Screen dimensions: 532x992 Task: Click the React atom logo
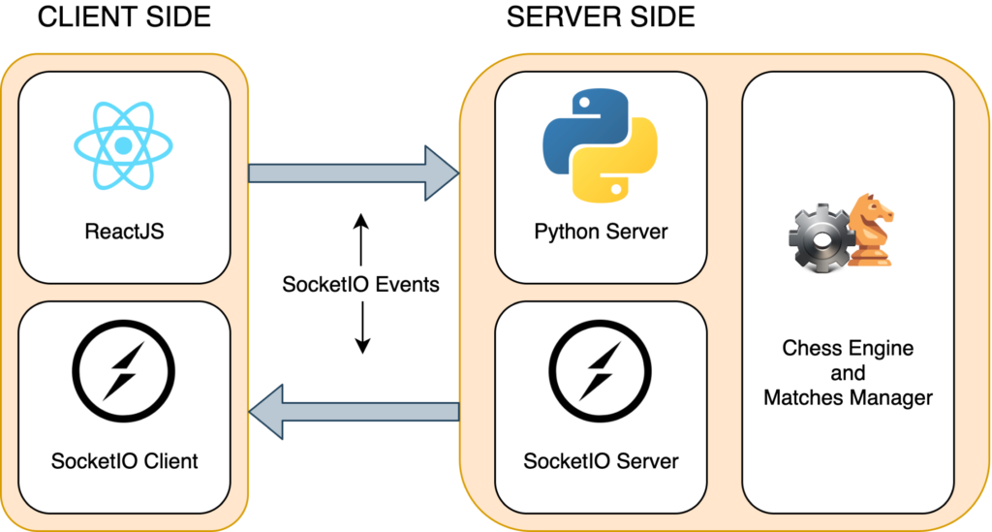click(123, 146)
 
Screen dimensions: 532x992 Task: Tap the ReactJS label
click(123, 232)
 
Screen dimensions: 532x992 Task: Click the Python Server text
click(601, 233)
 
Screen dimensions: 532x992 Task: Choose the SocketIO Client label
click(124, 460)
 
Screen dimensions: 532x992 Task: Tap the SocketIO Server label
click(601, 460)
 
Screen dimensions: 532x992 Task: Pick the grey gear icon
click(820, 235)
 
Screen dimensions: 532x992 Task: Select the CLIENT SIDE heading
click(124, 18)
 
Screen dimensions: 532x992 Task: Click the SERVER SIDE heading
click(601, 18)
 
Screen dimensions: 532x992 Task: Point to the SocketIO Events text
click(360, 285)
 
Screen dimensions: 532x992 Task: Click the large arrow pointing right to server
click(354, 172)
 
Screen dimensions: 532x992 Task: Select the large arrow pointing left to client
click(354, 413)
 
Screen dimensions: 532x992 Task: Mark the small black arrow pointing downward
click(360, 330)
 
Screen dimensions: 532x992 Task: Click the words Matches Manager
click(848, 397)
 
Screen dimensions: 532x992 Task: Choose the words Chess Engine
click(848, 348)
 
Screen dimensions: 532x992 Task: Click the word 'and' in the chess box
click(848, 373)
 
